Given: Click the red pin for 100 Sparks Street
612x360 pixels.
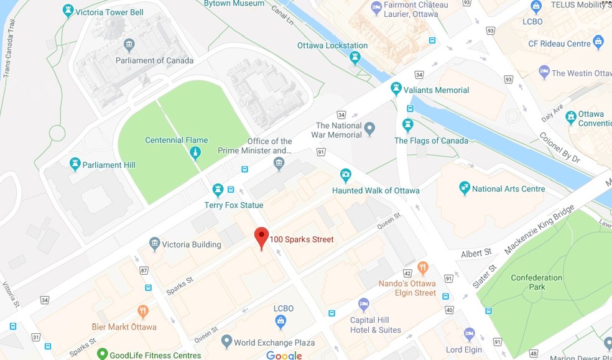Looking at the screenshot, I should pos(261,237).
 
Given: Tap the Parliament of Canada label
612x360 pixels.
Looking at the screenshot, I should pos(154,60).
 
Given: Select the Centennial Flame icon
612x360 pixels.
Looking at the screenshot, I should pos(195,152).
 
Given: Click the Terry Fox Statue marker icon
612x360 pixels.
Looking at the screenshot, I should pos(218,190).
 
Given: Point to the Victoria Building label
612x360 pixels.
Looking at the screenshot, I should pos(192,244).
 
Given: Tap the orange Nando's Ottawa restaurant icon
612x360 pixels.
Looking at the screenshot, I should pos(424,269).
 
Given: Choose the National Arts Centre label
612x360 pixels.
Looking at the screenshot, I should pos(508,188).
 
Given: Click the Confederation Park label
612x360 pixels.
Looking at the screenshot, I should pos(536,282).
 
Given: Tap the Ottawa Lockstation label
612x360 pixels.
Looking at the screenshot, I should pos(332,45).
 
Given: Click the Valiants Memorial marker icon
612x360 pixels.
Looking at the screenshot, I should pos(396,90).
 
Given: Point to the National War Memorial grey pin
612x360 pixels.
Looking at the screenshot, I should pos(370,129).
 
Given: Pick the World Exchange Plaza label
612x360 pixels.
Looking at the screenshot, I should pos(274,343).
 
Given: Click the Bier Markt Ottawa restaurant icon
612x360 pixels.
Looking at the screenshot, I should pos(143,312).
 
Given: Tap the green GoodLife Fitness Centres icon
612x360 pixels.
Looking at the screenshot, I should pos(103,355).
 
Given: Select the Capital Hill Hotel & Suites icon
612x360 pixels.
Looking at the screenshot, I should pos(364,305).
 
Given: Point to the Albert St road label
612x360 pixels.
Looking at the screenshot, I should pos(476,253).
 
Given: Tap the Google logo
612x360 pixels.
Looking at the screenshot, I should pos(284,356).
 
